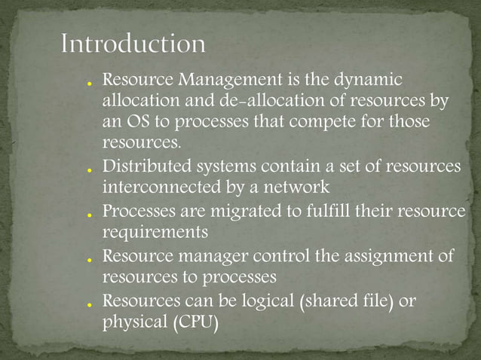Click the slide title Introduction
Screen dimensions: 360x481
tap(133, 44)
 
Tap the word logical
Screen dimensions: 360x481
tap(268, 302)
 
